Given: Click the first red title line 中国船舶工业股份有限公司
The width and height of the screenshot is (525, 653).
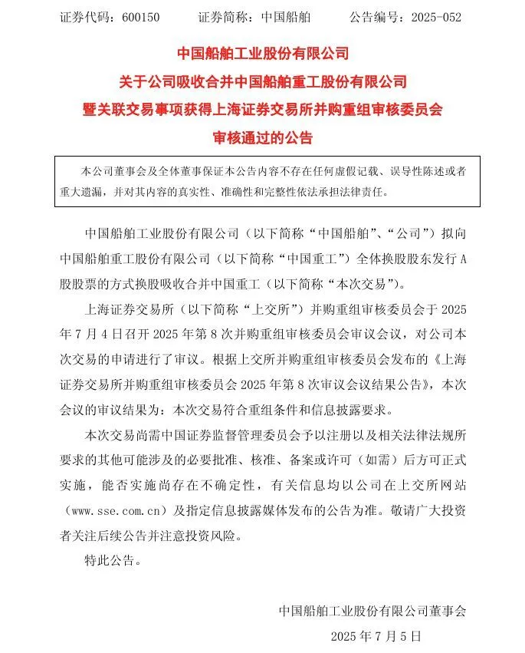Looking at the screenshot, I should (263, 54).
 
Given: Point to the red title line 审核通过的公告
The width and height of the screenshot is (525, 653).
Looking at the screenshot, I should (263, 138).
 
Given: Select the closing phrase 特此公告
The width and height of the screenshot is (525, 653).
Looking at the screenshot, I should (112, 561).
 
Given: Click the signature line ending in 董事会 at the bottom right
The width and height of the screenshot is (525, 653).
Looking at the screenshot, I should (372, 611).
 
